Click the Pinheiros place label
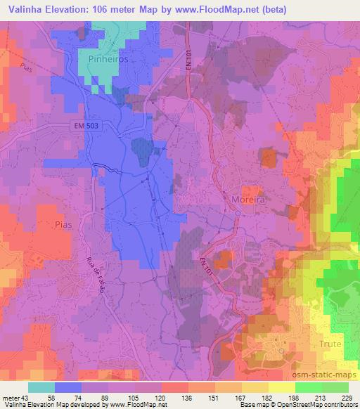pyautogui.click(x=108, y=60)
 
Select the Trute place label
pyautogui.click(x=330, y=344)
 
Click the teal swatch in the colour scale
pyautogui.click(x=41, y=388)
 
